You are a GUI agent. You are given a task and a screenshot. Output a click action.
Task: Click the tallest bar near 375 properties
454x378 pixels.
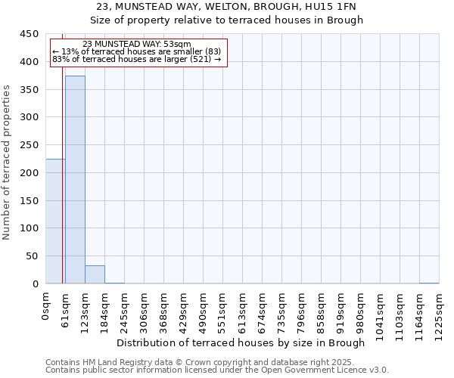(75, 180)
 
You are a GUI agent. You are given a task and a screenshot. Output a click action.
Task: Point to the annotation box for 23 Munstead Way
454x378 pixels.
(138, 52)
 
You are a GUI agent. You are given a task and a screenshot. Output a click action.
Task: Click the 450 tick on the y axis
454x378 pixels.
(30, 34)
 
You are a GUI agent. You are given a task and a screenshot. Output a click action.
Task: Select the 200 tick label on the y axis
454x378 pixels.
(30, 173)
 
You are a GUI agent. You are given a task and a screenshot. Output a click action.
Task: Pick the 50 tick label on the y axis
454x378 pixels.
(33, 256)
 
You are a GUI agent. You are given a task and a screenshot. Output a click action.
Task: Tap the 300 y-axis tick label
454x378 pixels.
(30, 117)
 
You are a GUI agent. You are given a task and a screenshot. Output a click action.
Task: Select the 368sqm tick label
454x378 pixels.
(164, 311)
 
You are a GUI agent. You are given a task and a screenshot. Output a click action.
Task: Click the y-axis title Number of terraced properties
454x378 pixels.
(8, 163)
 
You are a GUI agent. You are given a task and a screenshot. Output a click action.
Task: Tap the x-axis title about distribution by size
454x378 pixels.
(242, 343)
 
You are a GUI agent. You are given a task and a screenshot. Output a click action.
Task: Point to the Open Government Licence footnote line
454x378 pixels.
(217, 370)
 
